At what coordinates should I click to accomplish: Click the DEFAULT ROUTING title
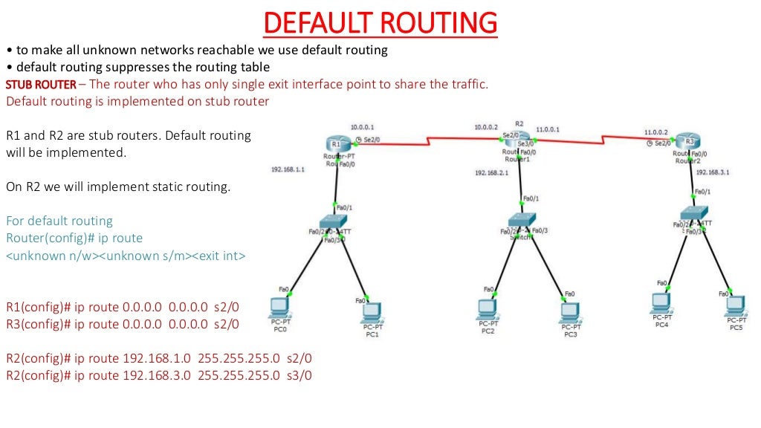pyautogui.click(x=380, y=23)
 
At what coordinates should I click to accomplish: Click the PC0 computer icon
pyautogui.click(x=280, y=307)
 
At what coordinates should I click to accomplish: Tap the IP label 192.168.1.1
pyautogui.click(x=287, y=169)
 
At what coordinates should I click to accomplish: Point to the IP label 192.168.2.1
pyautogui.click(x=492, y=173)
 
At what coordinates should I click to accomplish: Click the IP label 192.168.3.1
pyautogui.click(x=713, y=172)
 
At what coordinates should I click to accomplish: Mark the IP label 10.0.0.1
pyautogui.click(x=363, y=127)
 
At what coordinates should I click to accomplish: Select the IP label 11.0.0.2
pyautogui.click(x=656, y=132)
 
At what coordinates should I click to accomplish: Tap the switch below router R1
pyautogui.click(x=328, y=221)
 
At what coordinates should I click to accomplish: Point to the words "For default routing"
pyautogui.click(x=59, y=221)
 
